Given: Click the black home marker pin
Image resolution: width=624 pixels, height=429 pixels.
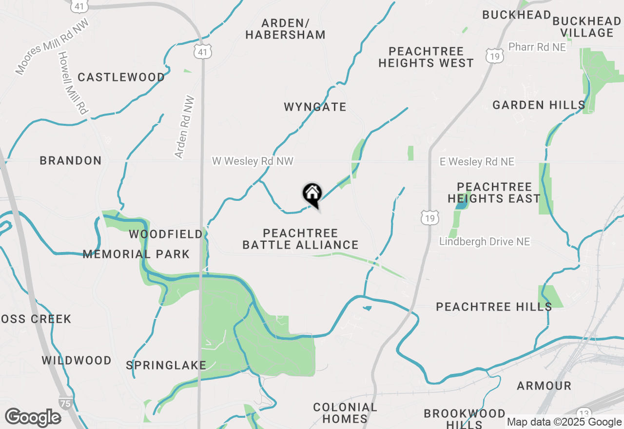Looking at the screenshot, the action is coord(312,195).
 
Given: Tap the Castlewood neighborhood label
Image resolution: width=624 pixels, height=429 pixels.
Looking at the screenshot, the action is coord(121,77).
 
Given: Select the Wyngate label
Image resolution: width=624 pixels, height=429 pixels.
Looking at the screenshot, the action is coord(315,107).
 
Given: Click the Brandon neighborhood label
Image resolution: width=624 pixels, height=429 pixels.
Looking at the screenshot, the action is coord(71,160).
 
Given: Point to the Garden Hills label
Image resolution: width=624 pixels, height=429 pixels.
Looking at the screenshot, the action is coord(539,105).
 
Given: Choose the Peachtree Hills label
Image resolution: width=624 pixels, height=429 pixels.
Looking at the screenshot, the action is coord(494,307).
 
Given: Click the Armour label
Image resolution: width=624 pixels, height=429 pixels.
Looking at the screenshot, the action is coord(544,386).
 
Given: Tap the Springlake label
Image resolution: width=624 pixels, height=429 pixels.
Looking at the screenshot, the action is coord(166,365).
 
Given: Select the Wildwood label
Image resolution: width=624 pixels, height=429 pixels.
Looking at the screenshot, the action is coord(77,361).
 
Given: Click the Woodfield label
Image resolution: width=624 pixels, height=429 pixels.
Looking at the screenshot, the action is coord(166,234).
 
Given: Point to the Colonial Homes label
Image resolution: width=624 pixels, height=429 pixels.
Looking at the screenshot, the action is coord(345,413).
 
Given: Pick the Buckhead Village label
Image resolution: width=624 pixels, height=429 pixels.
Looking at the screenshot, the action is coord(586,27).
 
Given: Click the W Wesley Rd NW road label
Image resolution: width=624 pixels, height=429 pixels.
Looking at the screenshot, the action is coord(253,161).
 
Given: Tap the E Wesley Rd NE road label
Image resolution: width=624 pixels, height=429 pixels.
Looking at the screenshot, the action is coord(477,161).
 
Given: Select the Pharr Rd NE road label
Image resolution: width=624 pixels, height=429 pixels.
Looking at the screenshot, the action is coord(537,47).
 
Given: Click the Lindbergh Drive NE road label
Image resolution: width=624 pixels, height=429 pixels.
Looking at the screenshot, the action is coord(485,241).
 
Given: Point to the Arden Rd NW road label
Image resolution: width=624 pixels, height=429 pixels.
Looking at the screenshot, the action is coord(185,127).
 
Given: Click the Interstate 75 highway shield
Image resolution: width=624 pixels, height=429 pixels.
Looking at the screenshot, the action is coord(65,403).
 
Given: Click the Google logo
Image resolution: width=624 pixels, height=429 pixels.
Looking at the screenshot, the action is coord(33,417).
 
